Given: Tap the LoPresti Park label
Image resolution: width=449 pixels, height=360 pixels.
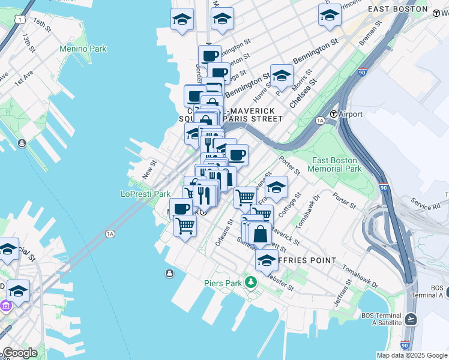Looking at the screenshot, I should pos(146,194).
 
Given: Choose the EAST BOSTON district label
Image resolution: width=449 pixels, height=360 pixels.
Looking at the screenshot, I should pos(398,9).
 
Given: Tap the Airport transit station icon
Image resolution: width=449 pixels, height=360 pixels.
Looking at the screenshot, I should pos(334,114).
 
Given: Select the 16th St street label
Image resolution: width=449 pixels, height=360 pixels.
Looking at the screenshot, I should pos(43,25).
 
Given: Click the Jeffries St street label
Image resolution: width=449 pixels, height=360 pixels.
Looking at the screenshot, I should pos(342,295).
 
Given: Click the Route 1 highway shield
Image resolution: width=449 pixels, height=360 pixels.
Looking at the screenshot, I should pos(22,20).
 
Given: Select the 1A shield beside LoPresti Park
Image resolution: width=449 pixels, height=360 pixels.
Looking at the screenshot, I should pos(109,233).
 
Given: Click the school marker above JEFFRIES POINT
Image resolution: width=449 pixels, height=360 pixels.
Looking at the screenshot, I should pos(266,260).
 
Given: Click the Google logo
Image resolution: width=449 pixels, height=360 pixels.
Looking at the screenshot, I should pos(20,353).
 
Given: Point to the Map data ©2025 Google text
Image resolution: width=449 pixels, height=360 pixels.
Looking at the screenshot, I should pos(411,355).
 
